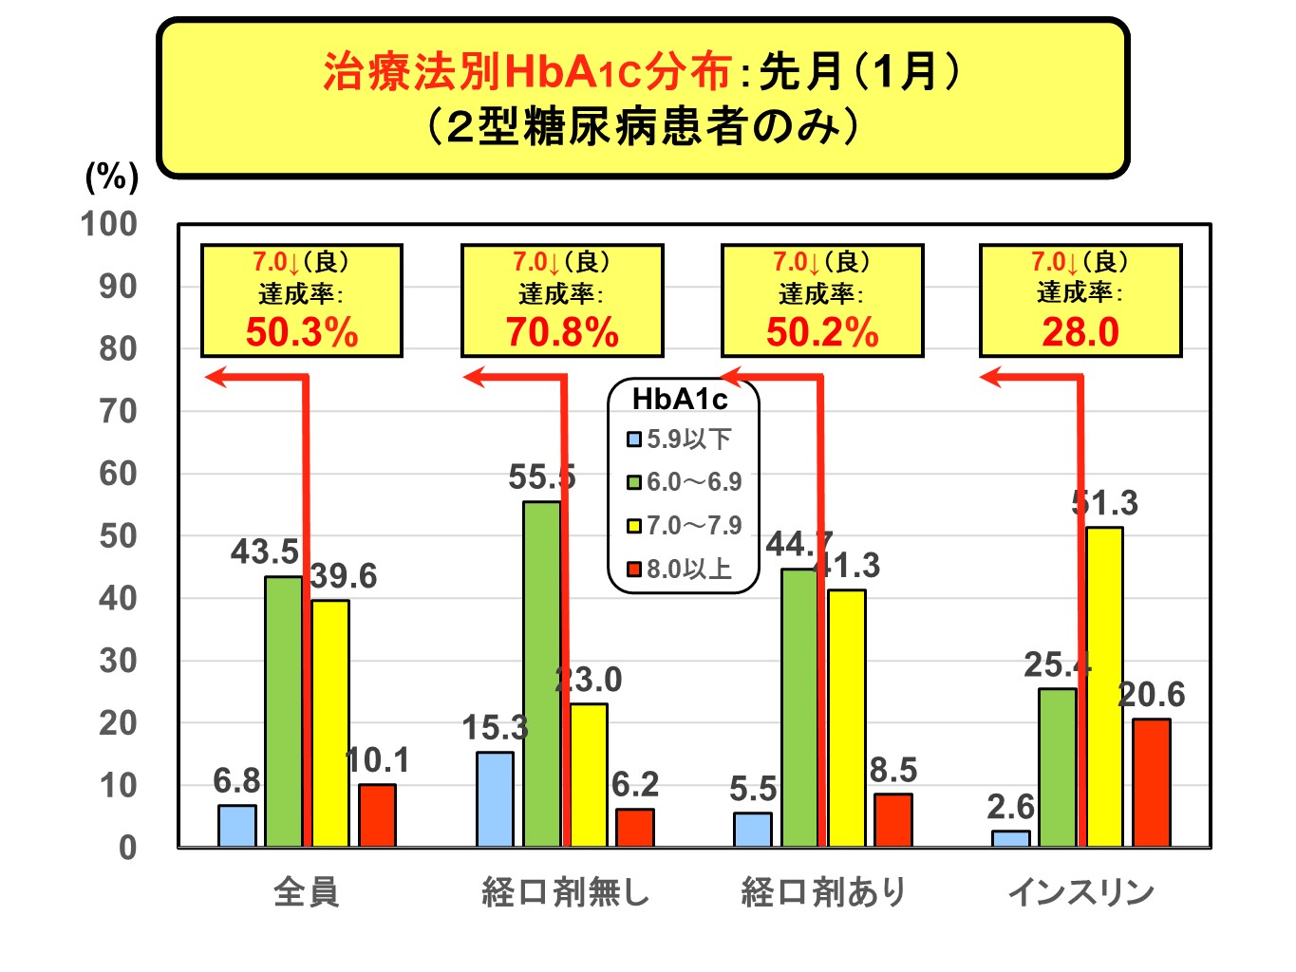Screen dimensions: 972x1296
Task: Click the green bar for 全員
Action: click(283, 711)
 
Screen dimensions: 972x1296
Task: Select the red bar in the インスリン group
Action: click(1151, 782)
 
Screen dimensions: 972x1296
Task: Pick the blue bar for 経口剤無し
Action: click(495, 798)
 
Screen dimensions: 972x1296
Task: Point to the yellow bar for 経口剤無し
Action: click(588, 775)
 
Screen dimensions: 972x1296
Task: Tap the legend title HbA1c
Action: click(680, 400)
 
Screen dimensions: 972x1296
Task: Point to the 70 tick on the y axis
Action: click(118, 412)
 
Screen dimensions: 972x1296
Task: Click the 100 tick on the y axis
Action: click(109, 225)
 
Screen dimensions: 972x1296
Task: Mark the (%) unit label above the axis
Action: click(112, 177)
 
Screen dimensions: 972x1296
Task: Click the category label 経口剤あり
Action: click(823, 892)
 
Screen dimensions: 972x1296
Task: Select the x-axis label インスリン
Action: click(1080, 892)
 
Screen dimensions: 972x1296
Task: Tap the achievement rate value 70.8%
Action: click(562, 333)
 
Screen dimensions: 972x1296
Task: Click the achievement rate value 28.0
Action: click(1080, 333)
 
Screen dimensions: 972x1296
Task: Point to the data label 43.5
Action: click(265, 551)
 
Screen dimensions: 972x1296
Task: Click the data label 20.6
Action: click(1152, 695)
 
